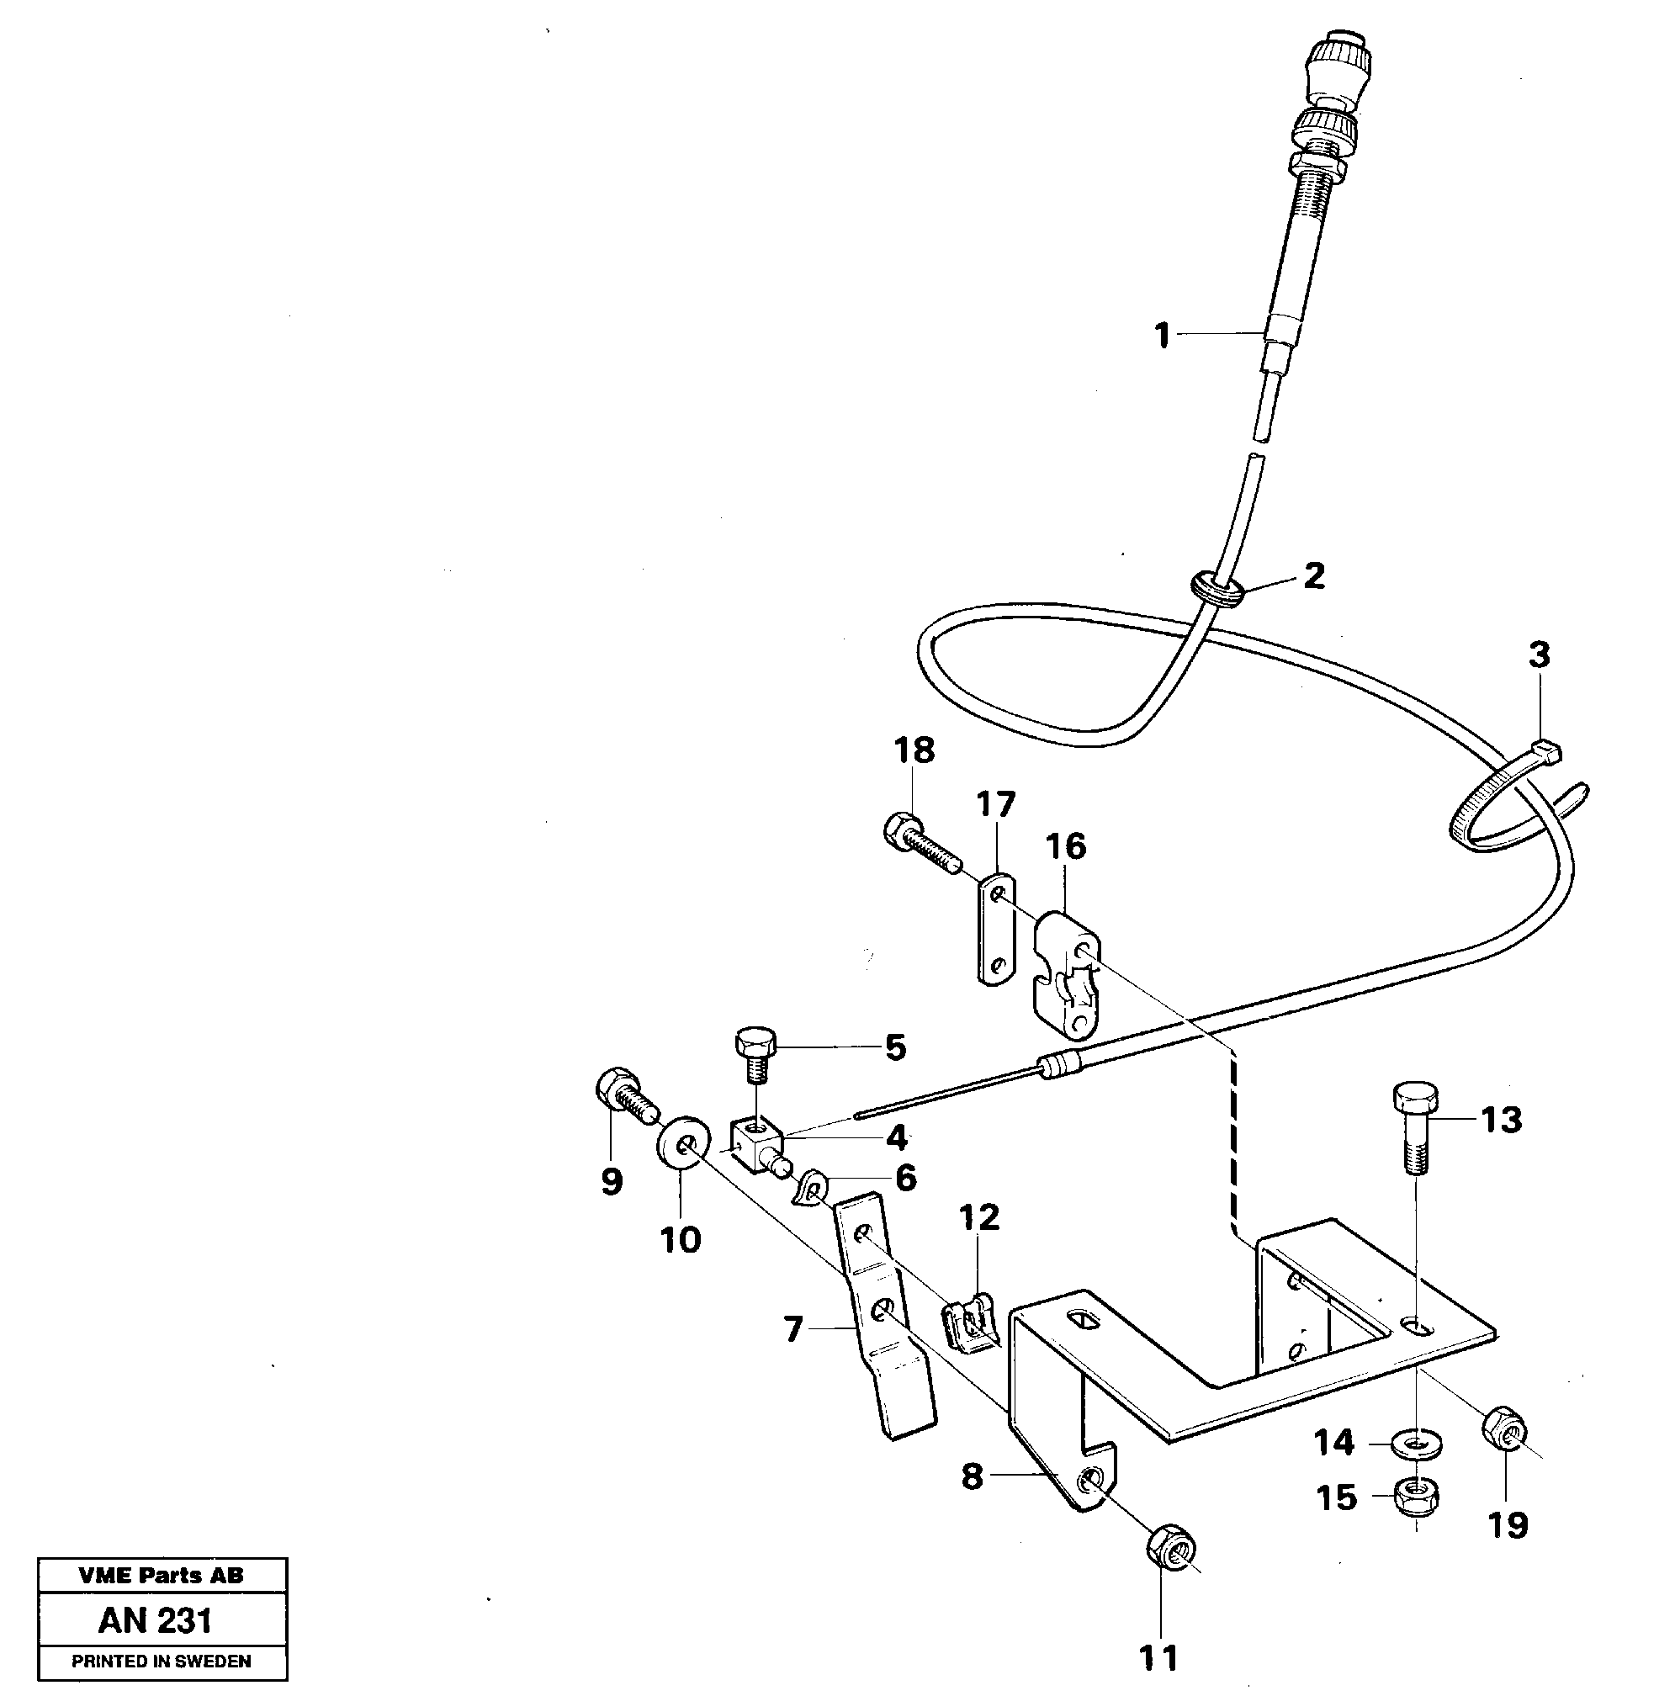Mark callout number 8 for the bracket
coord(971,1476)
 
